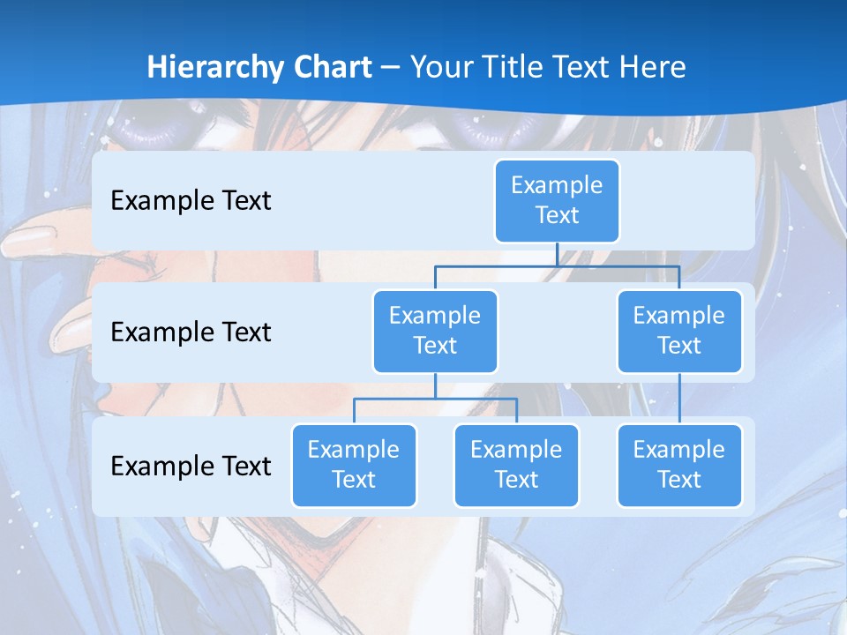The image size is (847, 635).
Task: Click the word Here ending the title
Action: tap(653, 68)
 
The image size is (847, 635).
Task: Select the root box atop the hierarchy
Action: tap(557, 201)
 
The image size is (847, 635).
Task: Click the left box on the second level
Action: tap(435, 331)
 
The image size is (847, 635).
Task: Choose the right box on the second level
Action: tap(679, 331)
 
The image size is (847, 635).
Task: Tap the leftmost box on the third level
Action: tap(354, 465)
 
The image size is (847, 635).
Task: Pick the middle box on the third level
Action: tap(516, 465)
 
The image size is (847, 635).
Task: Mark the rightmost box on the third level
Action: tap(679, 465)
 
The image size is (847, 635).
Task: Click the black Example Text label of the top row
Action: tap(191, 201)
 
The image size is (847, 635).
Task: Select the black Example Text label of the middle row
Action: tap(191, 332)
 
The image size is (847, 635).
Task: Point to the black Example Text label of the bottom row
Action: tap(191, 466)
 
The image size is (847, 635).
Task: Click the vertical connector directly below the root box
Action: tap(557, 254)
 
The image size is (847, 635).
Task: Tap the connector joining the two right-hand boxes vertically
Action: tap(679, 399)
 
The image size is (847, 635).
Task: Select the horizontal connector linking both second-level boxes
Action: tap(557, 265)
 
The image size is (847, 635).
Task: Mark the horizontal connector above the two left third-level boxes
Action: tap(435, 399)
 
